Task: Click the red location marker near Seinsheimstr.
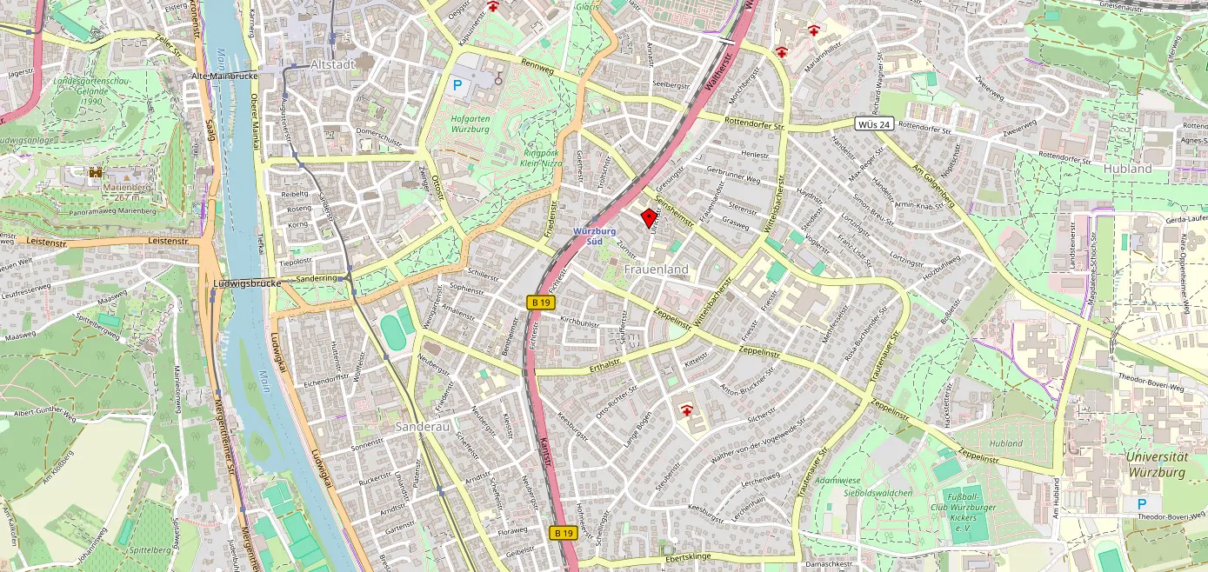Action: click(x=649, y=218)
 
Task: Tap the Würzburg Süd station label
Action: click(x=595, y=236)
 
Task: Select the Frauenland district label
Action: click(x=656, y=269)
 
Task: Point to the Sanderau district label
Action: click(x=421, y=427)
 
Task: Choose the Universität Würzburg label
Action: click(x=1155, y=464)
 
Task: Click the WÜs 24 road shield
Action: click(x=873, y=124)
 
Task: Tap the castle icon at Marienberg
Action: click(x=96, y=173)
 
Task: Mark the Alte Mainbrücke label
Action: click(x=224, y=76)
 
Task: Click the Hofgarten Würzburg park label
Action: click(x=470, y=123)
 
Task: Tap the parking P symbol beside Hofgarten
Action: click(x=457, y=86)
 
